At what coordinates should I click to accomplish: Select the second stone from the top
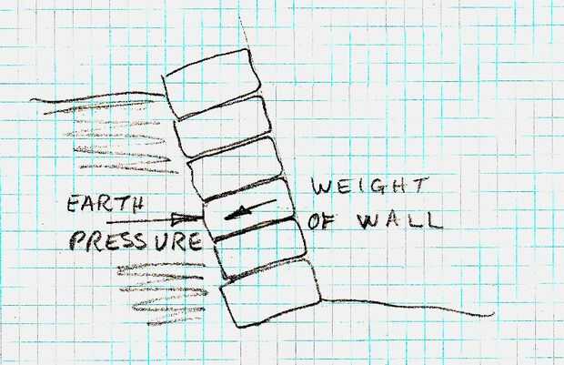pos(219,122)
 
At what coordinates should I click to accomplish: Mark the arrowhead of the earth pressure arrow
pos(194,218)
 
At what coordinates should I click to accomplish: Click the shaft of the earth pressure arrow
pos(146,220)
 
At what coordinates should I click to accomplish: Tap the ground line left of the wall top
pos(91,100)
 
